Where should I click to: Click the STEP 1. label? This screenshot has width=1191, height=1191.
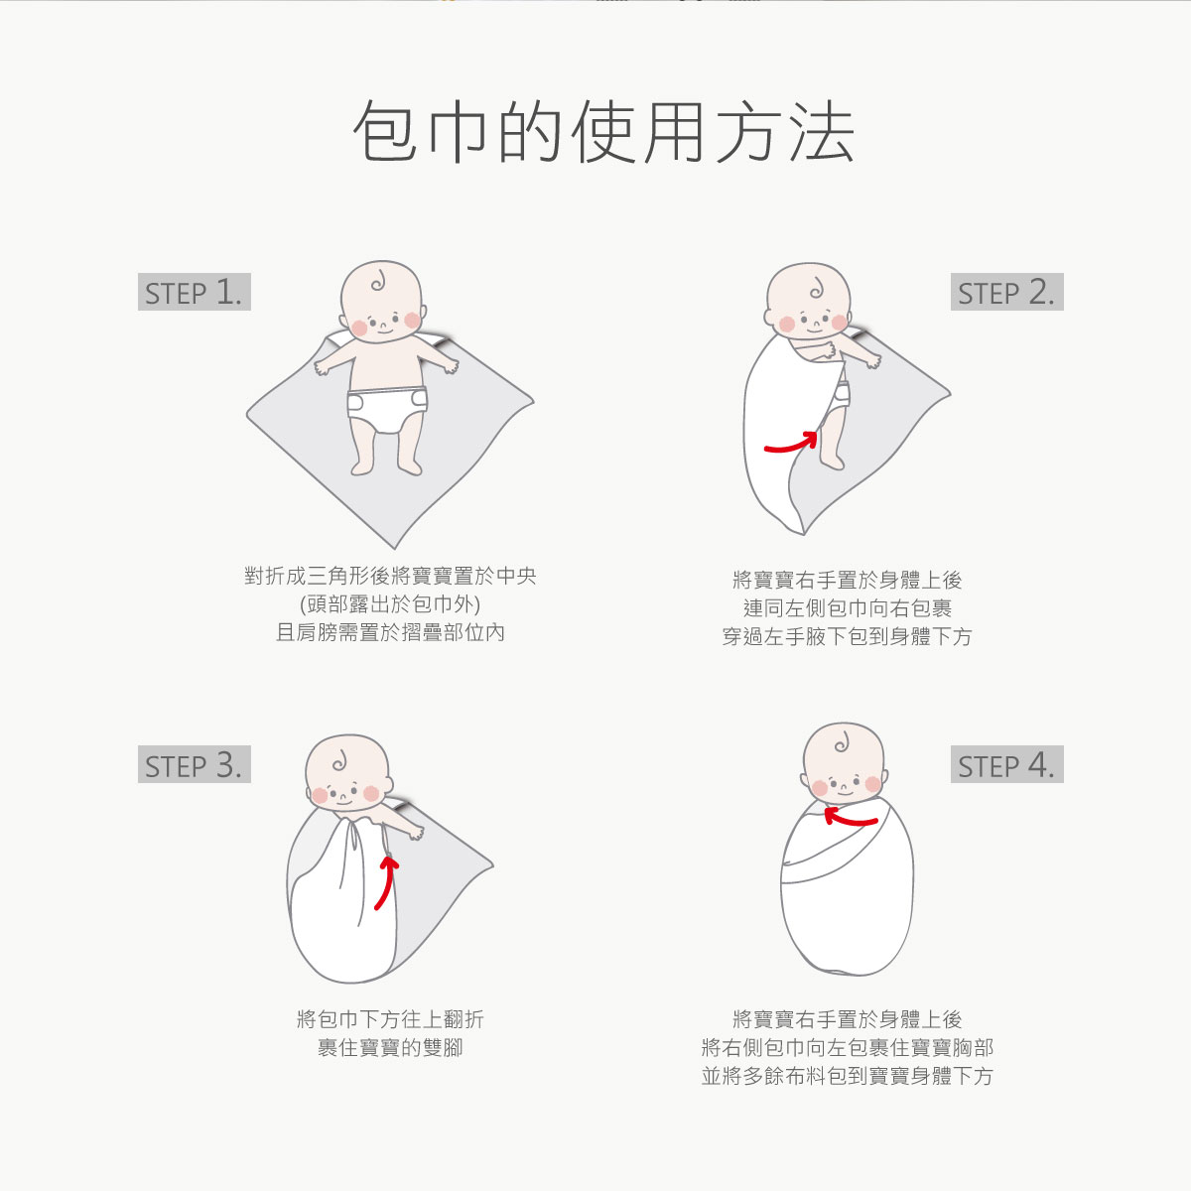[x=195, y=292]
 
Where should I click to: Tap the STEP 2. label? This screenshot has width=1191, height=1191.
[x=1006, y=292]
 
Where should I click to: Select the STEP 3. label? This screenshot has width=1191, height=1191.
[x=195, y=764]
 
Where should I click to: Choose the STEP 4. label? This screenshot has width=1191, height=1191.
[x=1006, y=764]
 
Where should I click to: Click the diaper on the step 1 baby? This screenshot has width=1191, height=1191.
[x=387, y=410]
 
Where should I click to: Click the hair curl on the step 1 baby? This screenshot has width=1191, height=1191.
[x=378, y=282]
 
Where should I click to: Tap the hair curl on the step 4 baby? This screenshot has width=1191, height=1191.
[x=842, y=743]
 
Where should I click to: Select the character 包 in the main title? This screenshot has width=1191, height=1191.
[x=384, y=132]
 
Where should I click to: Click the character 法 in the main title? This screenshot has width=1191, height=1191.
[x=823, y=132]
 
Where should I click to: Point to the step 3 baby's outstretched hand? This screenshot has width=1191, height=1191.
[x=416, y=833]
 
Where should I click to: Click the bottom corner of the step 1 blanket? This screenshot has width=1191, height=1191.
[x=394, y=548]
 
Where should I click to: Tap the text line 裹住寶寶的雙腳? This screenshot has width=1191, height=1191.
[x=390, y=1048]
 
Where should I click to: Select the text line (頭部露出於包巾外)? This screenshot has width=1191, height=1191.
[x=390, y=603]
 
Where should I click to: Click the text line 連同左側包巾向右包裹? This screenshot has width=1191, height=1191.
[x=848, y=608]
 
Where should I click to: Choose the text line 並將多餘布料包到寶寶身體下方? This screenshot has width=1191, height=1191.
[x=848, y=1076]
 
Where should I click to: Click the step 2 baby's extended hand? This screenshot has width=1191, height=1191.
[x=872, y=360]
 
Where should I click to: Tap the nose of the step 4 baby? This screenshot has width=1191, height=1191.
[x=843, y=786]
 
